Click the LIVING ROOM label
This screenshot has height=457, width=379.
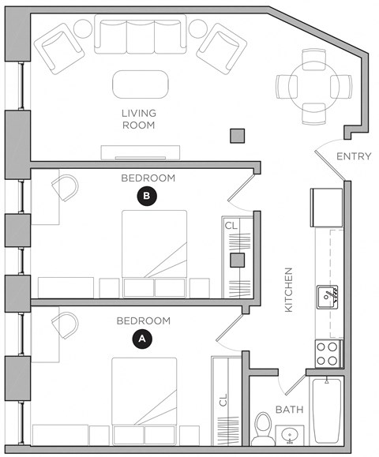[138, 119]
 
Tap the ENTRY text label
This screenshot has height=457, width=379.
[353, 156]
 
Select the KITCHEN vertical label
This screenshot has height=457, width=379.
[289, 288]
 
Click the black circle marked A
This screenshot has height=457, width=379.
[141, 338]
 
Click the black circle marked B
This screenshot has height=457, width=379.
[146, 196]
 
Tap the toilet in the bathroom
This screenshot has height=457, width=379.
[263, 427]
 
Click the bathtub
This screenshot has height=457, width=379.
[326, 411]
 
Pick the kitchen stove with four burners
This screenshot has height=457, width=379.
[328, 353]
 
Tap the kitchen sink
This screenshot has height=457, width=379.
[327, 297]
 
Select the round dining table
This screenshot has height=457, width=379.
[313, 83]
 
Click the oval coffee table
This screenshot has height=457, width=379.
[141, 83]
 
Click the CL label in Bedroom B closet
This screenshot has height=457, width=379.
[231, 226]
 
